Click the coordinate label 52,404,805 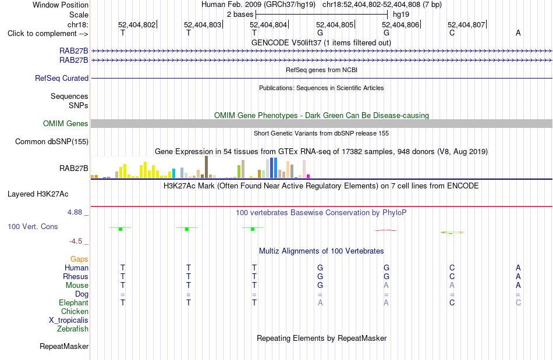pyautogui.click(x=334, y=24)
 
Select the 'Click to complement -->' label pyautogui.click(x=48, y=34)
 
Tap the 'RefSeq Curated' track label pyautogui.click(x=62, y=78)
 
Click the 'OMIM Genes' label pyautogui.click(x=66, y=124)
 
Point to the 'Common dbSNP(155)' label pyautogui.click(x=52, y=141)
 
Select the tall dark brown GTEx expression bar pyautogui.click(x=206, y=167)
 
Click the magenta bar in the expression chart pyautogui.click(x=308, y=176)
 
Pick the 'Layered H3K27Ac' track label pyautogui.click(x=38, y=194)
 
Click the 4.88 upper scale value pyautogui.click(x=75, y=212)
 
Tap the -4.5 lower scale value pyautogui.click(x=76, y=241)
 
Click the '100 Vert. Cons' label pyautogui.click(x=33, y=226)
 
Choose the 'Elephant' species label pyautogui.click(x=74, y=302)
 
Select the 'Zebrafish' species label pyautogui.click(x=73, y=329)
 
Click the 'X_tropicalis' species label pyautogui.click(x=69, y=320)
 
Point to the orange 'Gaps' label pyautogui.click(x=79, y=259)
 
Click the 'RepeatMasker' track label pyautogui.click(x=64, y=346)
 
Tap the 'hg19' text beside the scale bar pyautogui.click(x=401, y=15)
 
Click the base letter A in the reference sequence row pyautogui.click(x=518, y=33)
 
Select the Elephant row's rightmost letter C pyautogui.click(x=518, y=302)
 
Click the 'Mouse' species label pyautogui.click(x=77, y=286)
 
